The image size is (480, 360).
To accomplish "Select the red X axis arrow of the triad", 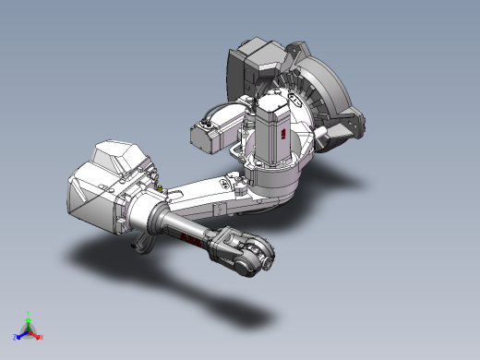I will tap(38, 336).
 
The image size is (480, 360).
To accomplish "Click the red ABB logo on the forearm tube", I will tap(188, 241).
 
